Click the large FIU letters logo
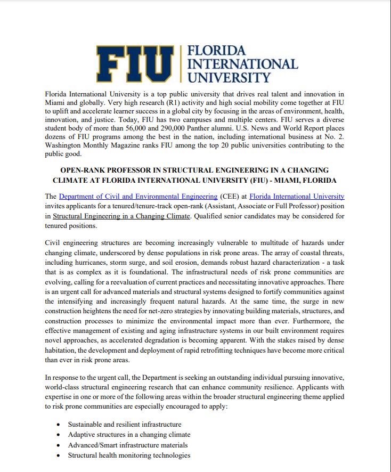(x=136, y=63)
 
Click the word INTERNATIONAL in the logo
(x=244, y=64)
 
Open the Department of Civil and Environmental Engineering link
(x=138, y=197)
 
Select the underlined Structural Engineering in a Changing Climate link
(x=121, y=216)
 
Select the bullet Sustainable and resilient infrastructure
(x=125, y=425)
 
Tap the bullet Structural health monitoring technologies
(x=129, y=455)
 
